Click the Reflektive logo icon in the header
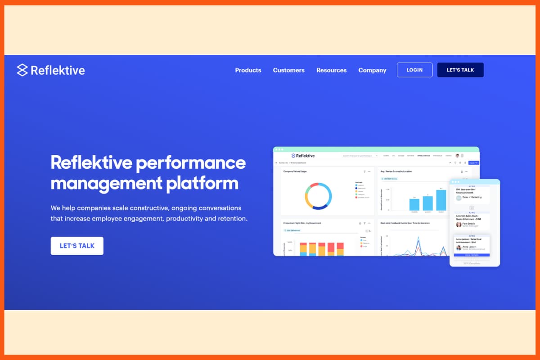point(22,70)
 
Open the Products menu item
point(248,70)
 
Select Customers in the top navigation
point(288,70)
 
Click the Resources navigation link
point(331,70)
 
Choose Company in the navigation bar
point(372,70)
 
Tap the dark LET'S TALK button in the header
point(460,70)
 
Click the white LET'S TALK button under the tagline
point(77,246)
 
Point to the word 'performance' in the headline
point(191,162)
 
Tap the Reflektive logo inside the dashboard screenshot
point(303,156)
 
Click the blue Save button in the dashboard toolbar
point(473,163)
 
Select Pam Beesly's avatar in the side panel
point(459,224)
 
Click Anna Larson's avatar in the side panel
point(459,247)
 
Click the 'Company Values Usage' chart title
point(295,171)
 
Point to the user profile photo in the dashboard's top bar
point(457,156)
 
